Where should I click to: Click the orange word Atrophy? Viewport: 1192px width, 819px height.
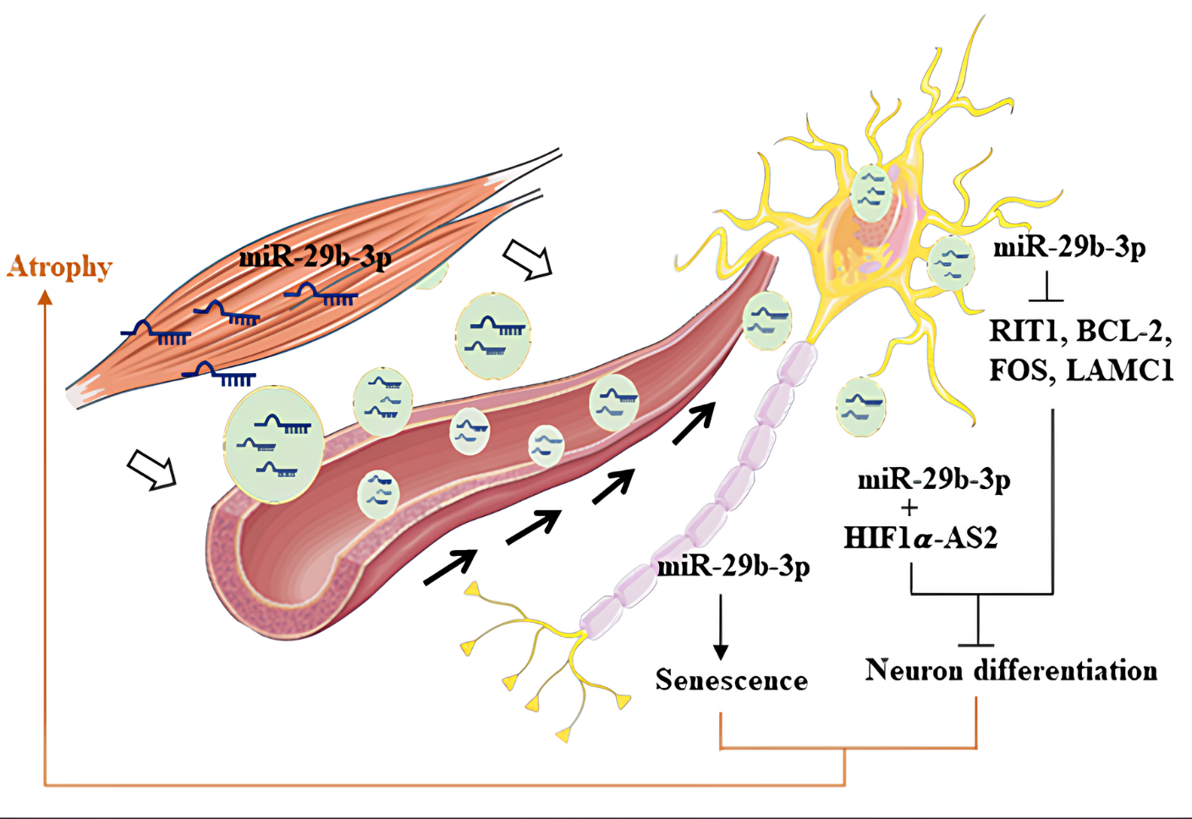(59, 267)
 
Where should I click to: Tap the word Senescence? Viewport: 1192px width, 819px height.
(731, 679)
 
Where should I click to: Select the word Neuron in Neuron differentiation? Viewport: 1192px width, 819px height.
(914, 670)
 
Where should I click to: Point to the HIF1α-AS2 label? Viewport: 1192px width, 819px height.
(920, 537)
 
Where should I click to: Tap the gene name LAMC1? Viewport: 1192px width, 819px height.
(1119, 370)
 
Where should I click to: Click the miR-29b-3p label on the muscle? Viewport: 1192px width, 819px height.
(315, 256)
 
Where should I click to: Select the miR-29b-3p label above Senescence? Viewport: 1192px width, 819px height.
(733, 565)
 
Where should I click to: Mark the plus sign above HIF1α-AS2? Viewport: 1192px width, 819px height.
(909, 508)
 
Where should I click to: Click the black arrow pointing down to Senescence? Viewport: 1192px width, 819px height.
(720, 626)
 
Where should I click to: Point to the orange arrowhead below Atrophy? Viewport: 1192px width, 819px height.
(45, 297)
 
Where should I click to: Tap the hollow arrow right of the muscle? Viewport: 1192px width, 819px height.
(527, 260)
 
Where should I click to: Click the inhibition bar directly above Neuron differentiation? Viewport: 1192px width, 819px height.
(979, 644)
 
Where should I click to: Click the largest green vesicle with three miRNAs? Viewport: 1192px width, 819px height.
(273, 443)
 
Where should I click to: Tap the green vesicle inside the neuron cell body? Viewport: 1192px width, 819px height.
(871, 192)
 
